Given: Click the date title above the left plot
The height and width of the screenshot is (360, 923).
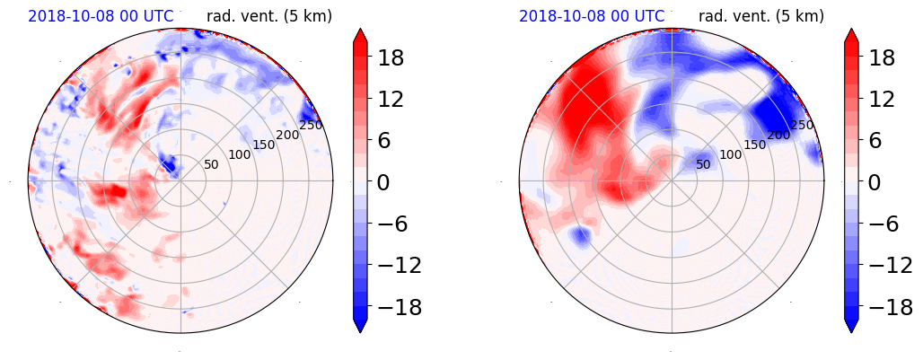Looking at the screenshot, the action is [101, 16].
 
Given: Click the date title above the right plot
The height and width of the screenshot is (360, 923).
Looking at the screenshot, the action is [592, 16].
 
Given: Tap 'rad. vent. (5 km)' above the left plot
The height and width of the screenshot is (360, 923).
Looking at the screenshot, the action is [269, 16].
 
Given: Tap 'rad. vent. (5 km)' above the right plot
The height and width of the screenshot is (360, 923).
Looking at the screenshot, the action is [760, 16].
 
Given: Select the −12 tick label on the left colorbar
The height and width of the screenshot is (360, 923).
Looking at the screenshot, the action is [398, 266].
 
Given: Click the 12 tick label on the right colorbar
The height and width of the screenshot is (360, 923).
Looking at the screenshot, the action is [880, 100].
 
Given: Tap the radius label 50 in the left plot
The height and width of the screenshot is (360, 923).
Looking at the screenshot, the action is [211, 164].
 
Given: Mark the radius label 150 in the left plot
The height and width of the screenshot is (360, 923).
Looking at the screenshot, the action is [264, 145].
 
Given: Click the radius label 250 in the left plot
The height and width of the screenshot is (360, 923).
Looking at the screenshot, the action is [312, 126].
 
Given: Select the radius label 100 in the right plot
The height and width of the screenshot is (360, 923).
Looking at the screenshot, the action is [729, 154].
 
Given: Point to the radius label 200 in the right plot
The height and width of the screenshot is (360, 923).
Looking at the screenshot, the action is [778, 135].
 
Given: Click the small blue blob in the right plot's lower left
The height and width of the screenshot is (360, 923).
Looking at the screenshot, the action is [580, 236].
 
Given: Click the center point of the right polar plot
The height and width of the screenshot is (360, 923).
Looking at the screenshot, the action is [672, 181].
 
